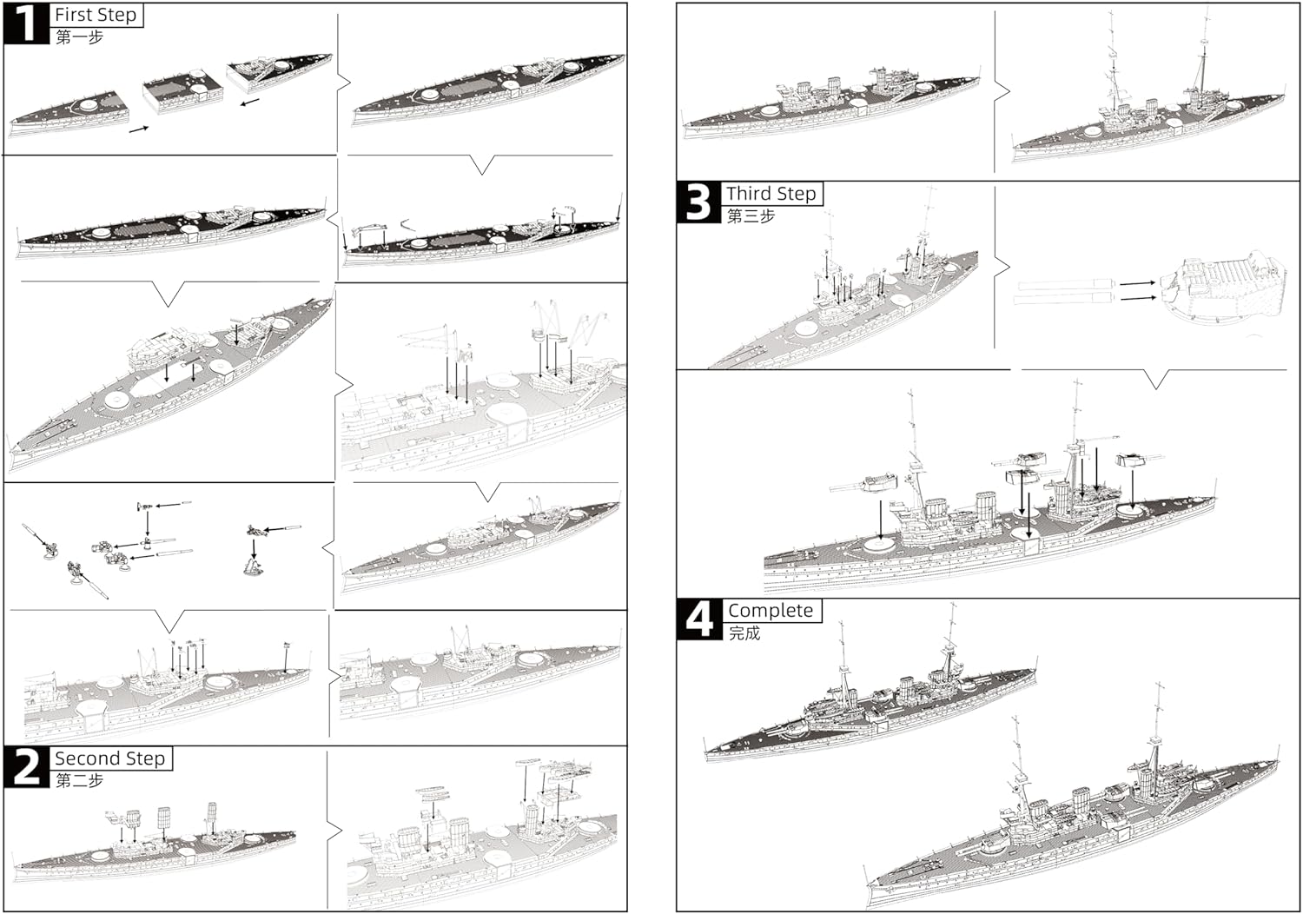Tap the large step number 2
[26, 767]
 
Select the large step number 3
[699, 202]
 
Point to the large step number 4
[699, 619]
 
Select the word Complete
[771, 611]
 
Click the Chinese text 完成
[744, 633]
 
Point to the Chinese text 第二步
[80, 781]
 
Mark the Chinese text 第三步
[751, 216]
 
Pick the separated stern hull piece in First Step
[278, 70]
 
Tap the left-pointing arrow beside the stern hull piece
[250, 103]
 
